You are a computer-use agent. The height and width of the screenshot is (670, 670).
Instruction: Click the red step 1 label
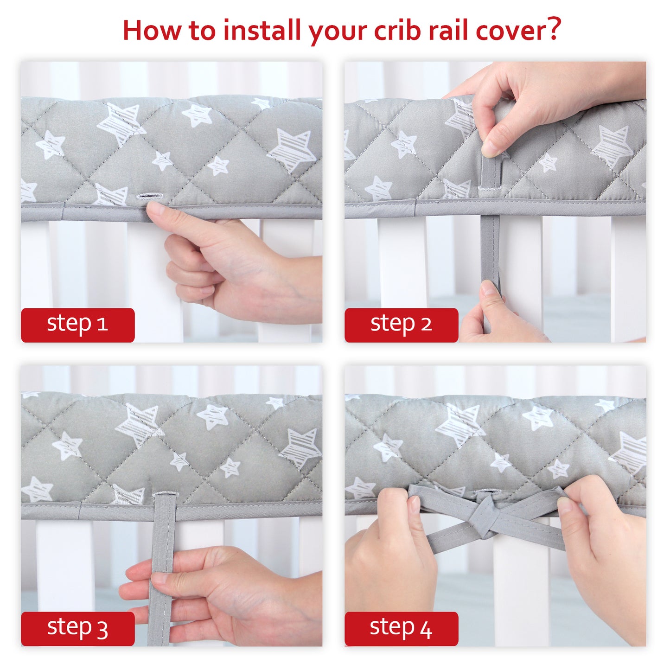pyautogui.click(x=77, y=325)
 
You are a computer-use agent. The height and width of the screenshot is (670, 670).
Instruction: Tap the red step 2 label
pyautogui.click(x=401, y=325)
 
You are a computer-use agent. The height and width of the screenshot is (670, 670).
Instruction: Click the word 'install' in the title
pyautogui.click(x=262, y=31)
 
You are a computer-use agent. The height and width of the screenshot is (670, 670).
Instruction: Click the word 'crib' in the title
pyautogui.click(x=398, y=31)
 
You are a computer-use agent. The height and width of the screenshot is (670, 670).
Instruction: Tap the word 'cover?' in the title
pyautogui.click(x=519, y=31)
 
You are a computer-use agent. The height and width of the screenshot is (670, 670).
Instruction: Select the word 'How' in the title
pyautogui.click(x=152, y=31)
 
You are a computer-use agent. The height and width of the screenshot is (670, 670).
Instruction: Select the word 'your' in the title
pyautogui.click(x=337, y=33)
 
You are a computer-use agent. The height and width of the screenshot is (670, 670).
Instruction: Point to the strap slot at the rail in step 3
pyautogui.click(x=164, y=494)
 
